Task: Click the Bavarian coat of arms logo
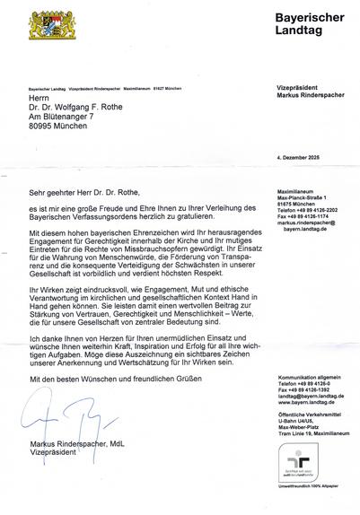pyautogui.click(x=48, y=23)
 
